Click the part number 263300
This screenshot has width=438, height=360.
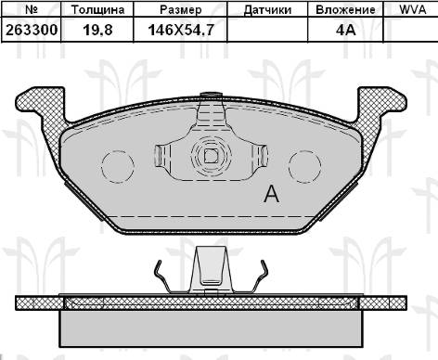point(32,30)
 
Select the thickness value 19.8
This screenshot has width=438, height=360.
point(97,30)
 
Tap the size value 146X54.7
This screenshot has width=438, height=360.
point(181,30)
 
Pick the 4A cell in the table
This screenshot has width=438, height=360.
point(345,30)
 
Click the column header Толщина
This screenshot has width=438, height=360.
point(97,10)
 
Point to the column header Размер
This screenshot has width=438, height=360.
point(181,10)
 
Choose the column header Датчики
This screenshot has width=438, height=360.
point(267,10)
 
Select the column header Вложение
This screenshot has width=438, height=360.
point(345,10)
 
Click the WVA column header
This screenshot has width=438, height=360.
point(413,9)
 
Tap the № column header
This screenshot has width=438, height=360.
point(32,9)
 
